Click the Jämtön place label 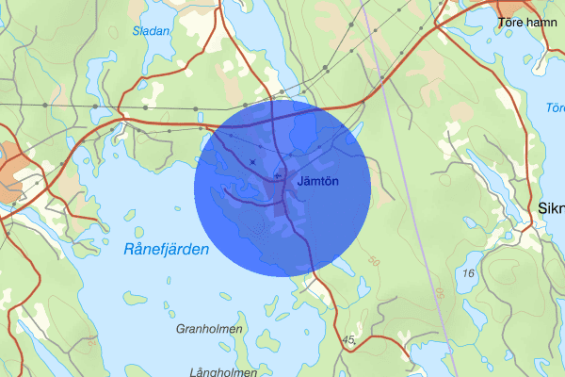316,180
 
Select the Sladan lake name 151,31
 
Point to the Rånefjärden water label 166,251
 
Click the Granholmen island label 209,329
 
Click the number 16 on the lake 469,272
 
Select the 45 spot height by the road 349,339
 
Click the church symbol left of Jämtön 276,175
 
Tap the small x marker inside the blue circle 252,162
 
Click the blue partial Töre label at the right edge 555,108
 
